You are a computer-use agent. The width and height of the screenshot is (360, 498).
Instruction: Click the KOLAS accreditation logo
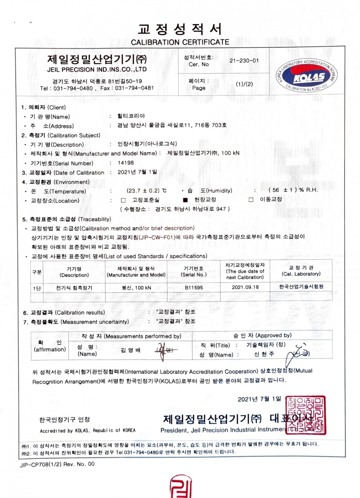click(306, 76)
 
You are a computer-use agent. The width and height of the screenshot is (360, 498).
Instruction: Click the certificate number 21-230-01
click(244, 60)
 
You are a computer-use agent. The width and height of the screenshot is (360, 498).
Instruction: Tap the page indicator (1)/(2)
click(244, 84)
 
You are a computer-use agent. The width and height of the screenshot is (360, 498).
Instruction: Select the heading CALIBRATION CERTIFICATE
click(180, 42)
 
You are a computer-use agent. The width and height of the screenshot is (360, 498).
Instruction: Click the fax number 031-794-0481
click(134, 88)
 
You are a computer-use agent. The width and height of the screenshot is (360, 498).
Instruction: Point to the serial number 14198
click(126, 163)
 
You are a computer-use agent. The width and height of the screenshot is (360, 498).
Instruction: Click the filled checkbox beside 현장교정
click(186, 200)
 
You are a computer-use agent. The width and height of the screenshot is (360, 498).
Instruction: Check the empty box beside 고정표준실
click(123, 200)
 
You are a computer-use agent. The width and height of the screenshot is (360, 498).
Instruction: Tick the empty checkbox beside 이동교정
click(251, 199)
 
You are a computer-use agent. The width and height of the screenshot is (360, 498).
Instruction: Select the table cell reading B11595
click(194, 287)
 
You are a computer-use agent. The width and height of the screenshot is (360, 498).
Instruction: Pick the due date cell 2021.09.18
click(245, 287)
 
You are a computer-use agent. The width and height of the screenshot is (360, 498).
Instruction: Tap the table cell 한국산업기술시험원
click(301, 287)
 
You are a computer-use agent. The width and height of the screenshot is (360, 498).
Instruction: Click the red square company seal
click(306, 415)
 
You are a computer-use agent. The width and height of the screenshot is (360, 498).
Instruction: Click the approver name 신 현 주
click(264, 354)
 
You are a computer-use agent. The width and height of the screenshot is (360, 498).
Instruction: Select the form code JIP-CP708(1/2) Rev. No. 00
click(57, 464)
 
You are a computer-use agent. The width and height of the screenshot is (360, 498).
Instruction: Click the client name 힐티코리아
click(131, 116)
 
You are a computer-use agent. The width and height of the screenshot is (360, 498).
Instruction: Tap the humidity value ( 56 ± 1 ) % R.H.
click(293, 190)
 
